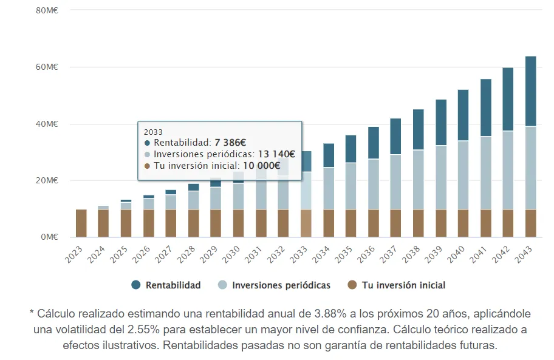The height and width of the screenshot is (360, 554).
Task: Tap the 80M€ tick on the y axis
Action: (x=46, y=10)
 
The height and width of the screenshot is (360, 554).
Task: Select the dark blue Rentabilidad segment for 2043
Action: (x=530, y=91)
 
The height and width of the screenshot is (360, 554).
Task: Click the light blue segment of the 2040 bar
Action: (x=463, y=175)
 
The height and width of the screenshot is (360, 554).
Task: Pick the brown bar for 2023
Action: (x=81, y=223)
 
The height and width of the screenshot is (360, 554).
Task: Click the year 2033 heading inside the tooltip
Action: (x=153, y=131)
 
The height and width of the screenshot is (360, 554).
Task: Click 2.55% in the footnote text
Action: (x=166, y=330)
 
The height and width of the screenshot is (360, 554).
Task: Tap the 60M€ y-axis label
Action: (x=46, y=67)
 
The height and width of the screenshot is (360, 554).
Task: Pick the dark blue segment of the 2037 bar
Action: (x=395, y=137)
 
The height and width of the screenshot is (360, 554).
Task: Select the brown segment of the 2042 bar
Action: (x=508, y=223)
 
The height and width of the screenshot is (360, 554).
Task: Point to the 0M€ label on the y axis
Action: (x=49, y=237)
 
